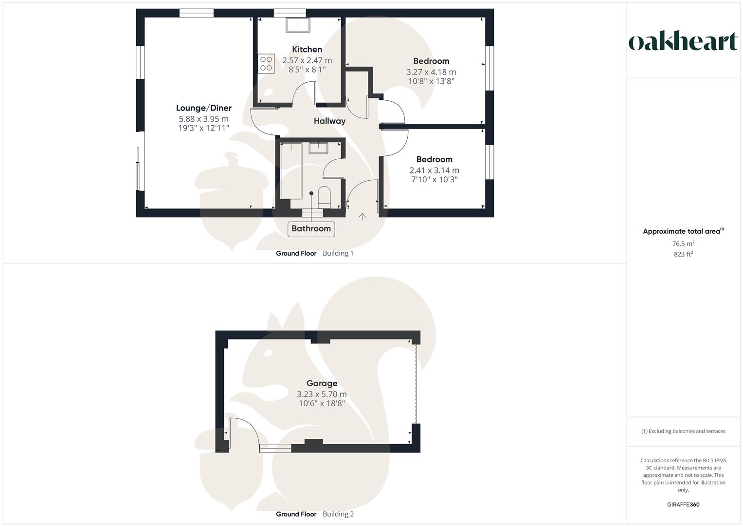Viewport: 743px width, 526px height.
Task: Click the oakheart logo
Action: pyautogui.click(x=683, y=42)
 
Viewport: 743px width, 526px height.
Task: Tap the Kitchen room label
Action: pyautogui.click(x=307, y=49)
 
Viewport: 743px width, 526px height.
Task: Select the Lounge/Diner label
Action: pyautogui.click(x=203, y=108)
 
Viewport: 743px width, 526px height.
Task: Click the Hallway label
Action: pyautogui.click(x=329, y=121)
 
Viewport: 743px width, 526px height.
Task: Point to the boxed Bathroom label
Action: pyautogui.click(x=311, y=228)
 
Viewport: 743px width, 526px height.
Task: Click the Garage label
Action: pyautogui.click(x=322, y=383)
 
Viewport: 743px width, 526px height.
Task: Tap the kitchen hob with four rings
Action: pyautogui.click(x=266, y=64)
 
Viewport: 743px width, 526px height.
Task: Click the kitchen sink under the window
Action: pyautogui.click(x=298, y=24)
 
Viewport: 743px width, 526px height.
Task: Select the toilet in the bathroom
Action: pyautogui.click(x=324, y=196)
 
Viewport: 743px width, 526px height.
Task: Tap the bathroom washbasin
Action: pyautogui.click(x=318, y=148)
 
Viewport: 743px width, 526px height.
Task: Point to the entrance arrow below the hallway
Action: pyautogui.click(x=362, y=217)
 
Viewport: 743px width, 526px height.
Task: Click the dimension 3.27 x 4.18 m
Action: pyautogui.click(x=431, y=72)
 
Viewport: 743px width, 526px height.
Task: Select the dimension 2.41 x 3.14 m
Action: pyautogui.click(x=434, y=170)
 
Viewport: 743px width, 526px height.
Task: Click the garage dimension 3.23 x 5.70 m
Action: pyautogui.click(x=322, y=394)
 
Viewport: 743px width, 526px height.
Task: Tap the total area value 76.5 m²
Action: pyautogui.click(x=683, y=244)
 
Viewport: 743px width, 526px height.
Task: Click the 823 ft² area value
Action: pyautogui.click(x=683, y=254)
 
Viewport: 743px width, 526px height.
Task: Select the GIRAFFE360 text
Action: pyautogui.click(x=683, y=505)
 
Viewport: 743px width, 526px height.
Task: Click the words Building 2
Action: pyautogui.click(x=338, y=514)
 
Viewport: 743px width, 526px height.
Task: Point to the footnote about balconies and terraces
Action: pyautogui.click(x=683, y=431)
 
